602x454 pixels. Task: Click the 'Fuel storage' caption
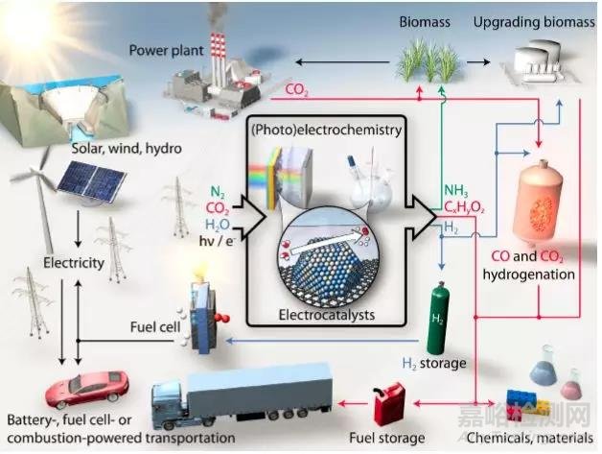(x=391, y=439)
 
